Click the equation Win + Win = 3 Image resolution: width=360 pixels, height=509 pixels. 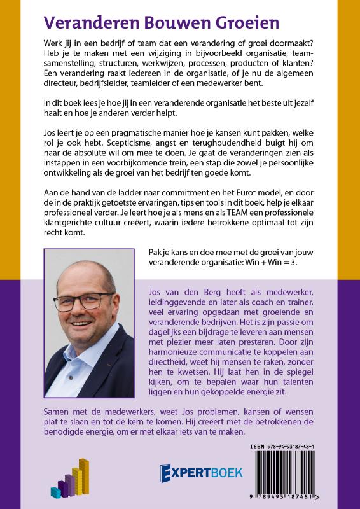coord(281,258)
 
